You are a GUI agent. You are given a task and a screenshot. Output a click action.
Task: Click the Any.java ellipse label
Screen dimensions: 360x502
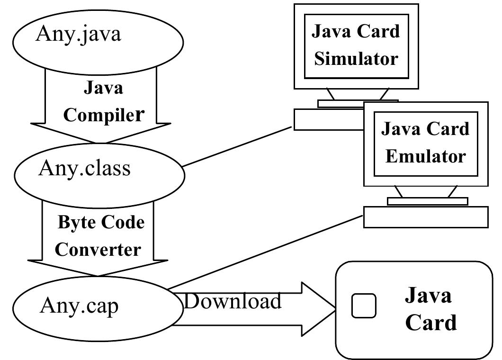pos(78,35)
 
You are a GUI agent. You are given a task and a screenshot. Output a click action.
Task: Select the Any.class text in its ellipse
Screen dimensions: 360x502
pos(84,168)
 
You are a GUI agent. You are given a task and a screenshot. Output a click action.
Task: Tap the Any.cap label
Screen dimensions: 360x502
pos(79,305)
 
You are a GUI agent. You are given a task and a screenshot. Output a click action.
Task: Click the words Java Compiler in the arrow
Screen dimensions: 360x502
pos(103,101)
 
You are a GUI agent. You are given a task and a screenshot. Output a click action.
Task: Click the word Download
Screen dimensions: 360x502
pos(233,301)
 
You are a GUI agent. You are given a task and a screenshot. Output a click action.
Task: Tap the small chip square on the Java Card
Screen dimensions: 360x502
pos(364,306)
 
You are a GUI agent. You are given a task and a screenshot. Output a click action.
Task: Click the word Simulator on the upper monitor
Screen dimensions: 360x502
pos(356,59)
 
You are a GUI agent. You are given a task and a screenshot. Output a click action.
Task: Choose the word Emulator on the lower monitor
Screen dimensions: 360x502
pos(425,156)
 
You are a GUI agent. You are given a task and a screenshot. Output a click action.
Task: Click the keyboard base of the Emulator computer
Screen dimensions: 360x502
pos(425,217)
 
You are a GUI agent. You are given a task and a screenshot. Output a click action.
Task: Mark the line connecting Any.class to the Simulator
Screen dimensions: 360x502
pos(237,147)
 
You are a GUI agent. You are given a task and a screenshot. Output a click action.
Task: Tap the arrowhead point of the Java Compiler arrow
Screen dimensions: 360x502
pos(101,142)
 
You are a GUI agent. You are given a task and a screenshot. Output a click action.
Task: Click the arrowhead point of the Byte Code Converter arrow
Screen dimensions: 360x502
pos(98,275)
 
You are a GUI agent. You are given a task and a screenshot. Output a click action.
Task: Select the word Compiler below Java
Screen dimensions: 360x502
pos(103,115)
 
